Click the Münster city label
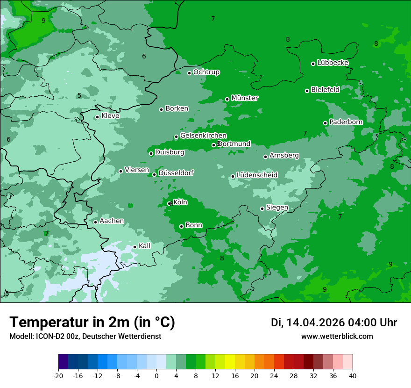pos(245,98)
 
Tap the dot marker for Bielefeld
pos(307,91)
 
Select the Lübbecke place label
pos(333,63)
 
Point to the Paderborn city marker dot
pos(326,123)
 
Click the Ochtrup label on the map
pos(206,72)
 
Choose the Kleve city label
pos(110,116)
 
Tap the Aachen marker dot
pos(95,222)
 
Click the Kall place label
pos(144,246)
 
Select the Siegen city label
pos(277,208)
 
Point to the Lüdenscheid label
pos(257,175)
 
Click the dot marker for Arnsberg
pos(265,157)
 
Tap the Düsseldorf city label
pos(176,173)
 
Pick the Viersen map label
pos(137,170)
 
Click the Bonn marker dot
pos(182,226)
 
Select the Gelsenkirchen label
pos(203,136)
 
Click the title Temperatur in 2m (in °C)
pos(92,322)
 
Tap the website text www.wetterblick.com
pos(337,337)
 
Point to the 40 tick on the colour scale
pos(353,375)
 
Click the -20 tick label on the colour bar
pos(58,375)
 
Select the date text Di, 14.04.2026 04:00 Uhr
pos(334,323)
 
